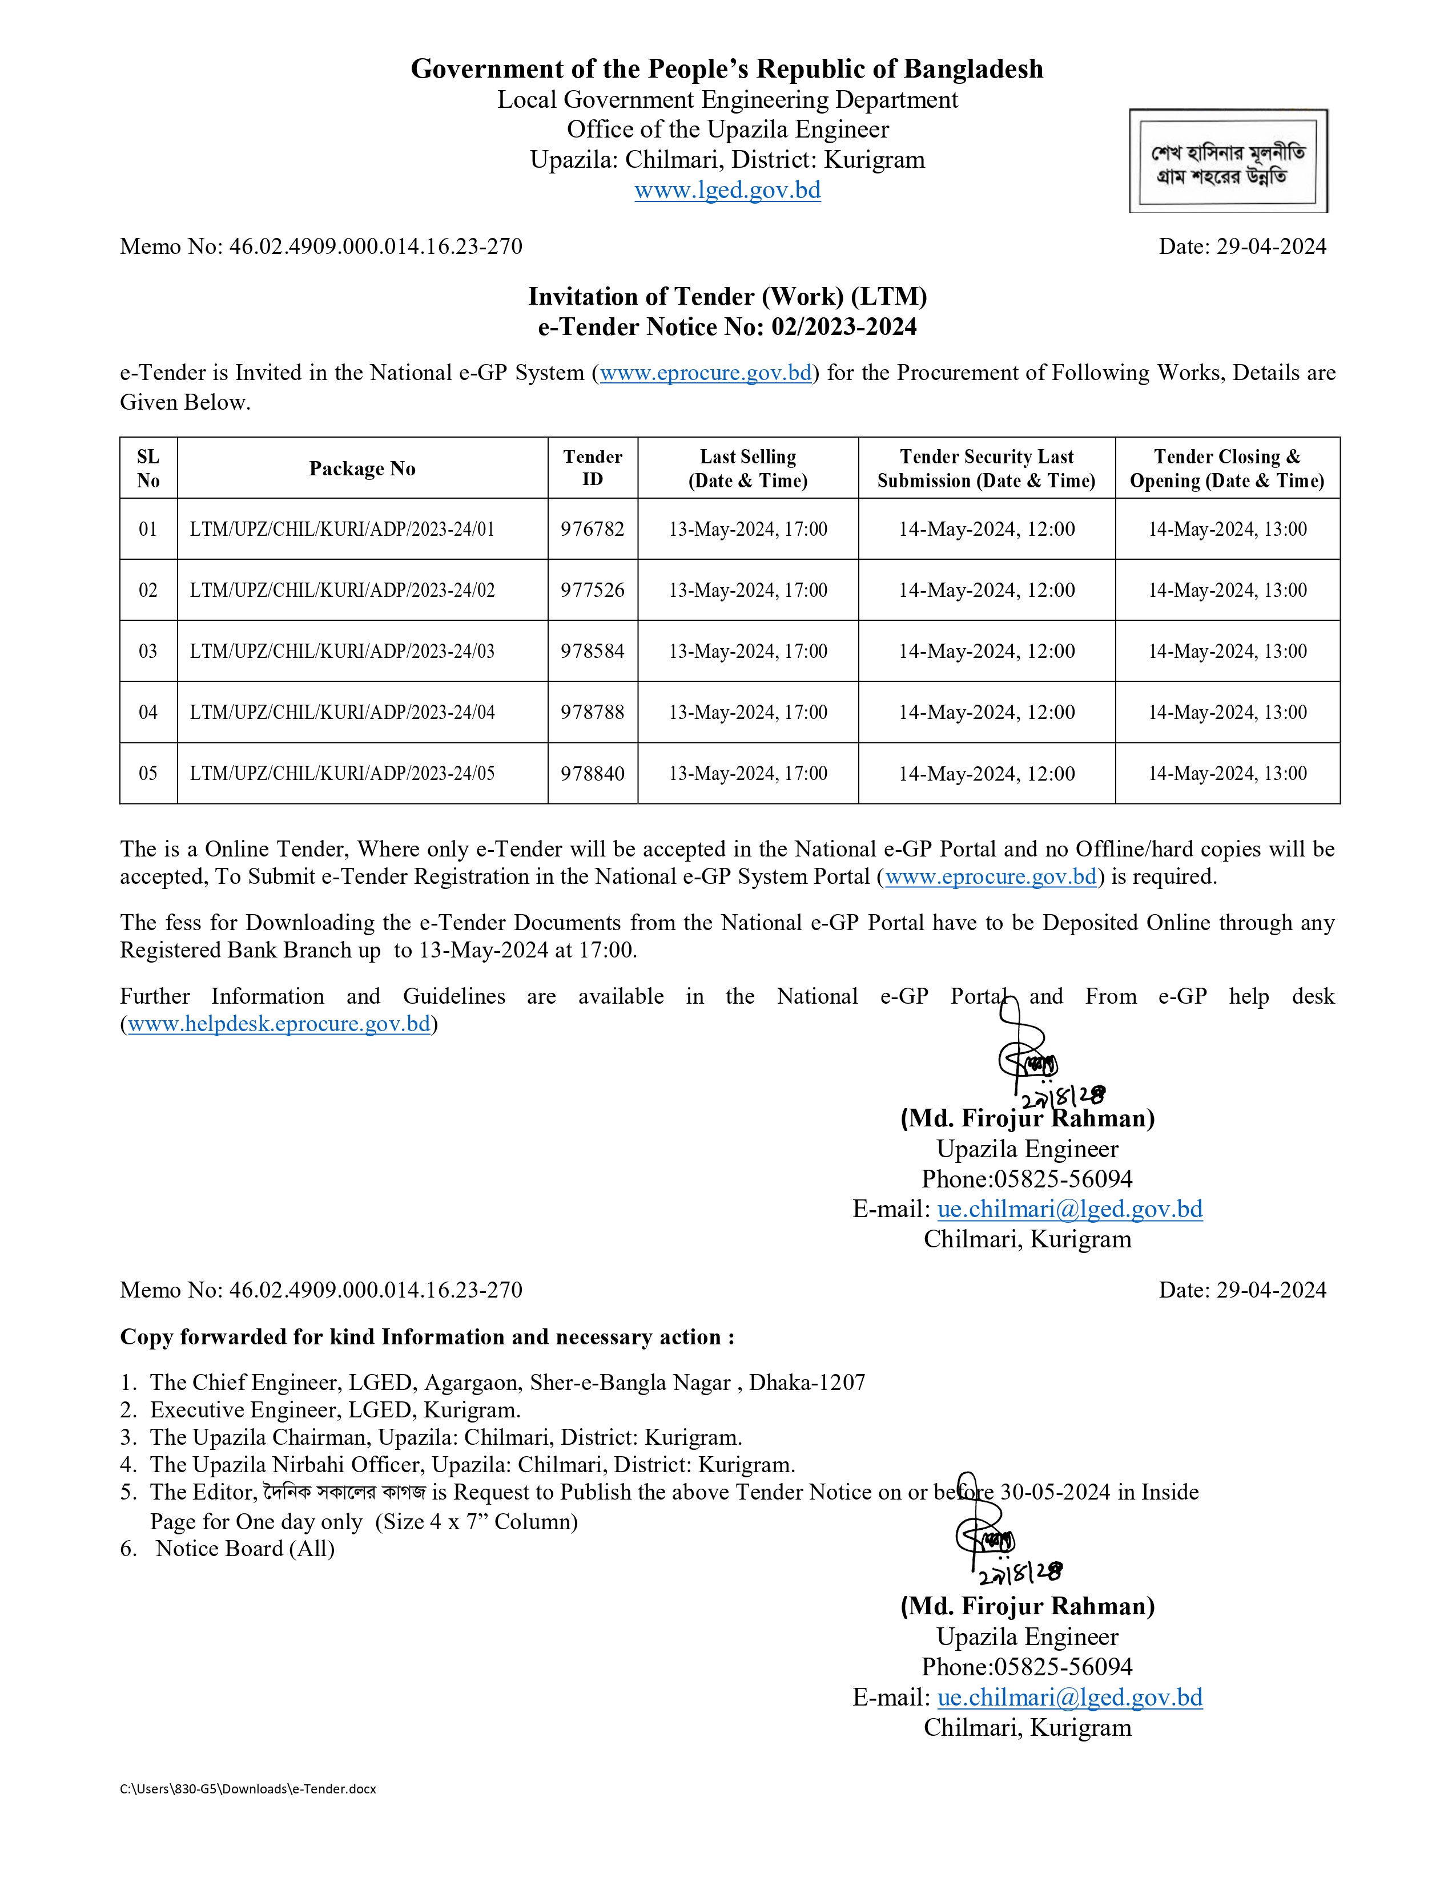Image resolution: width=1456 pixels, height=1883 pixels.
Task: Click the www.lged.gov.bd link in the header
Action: (727, 191)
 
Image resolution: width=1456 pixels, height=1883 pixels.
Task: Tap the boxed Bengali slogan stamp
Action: (1228, 161)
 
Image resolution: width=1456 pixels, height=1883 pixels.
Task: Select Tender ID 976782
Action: (593, 530)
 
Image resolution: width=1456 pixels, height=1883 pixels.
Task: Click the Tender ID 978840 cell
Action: (593, 773)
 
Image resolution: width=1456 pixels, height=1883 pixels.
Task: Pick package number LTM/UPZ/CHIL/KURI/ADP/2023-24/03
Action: (343, 652)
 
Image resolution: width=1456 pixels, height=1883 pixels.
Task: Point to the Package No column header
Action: (362, 468)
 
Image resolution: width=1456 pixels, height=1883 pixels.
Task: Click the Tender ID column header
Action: (593, 468)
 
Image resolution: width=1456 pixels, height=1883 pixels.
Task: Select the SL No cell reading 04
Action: (148, 712)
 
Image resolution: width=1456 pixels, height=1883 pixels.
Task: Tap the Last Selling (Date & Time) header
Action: (748, 468)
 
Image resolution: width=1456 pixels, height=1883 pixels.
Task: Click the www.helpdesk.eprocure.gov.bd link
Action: (279, 1024)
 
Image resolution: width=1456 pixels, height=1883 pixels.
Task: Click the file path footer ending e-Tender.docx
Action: (248, 1789)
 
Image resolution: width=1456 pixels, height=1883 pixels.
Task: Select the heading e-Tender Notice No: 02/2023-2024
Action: (727, 328)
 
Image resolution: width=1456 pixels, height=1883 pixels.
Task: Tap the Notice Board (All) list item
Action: (245, 1549)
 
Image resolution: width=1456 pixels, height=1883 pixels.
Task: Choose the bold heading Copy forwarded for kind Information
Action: (427, 1338)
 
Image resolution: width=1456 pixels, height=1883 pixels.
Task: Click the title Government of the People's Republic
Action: (727, 69)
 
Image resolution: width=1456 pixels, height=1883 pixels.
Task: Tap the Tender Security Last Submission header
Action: (986, 468)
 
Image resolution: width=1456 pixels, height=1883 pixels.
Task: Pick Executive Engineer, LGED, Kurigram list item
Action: (335, 1411)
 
